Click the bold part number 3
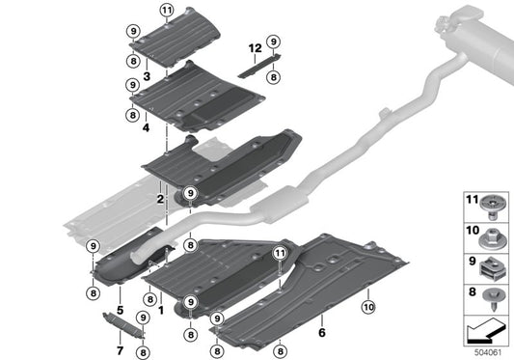146,75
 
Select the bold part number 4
146,126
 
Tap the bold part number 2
160,197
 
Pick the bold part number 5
120,309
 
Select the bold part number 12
256,47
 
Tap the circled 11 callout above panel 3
166,11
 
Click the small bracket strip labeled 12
256,67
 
